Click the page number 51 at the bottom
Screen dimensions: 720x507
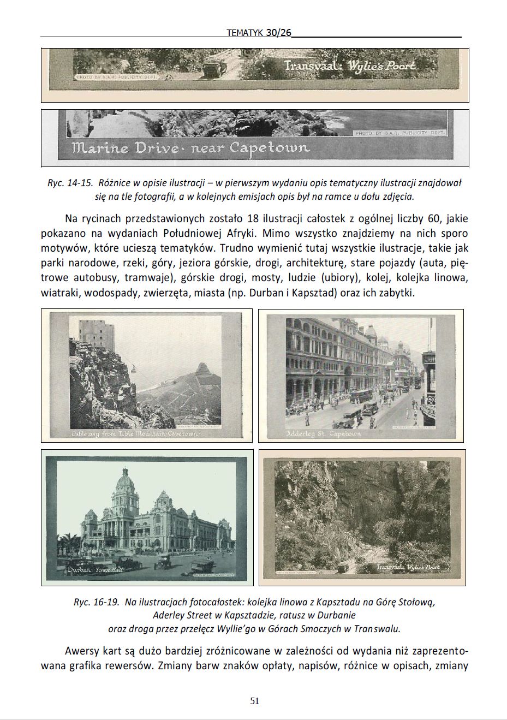point(254,701)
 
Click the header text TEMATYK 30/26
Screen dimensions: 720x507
point(259,33)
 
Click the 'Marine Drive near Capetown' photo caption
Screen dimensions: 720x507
point(191,147)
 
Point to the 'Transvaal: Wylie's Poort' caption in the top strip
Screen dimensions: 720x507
point(350,66)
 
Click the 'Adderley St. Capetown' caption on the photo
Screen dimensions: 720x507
point(324,433)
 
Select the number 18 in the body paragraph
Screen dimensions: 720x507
point(253,219)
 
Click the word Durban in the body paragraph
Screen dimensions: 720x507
point(265,293)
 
